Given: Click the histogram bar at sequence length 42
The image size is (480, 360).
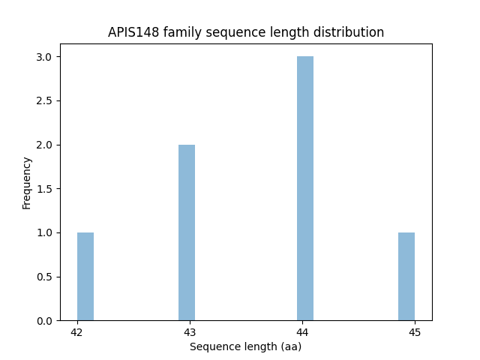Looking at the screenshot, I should (x=85, y=277).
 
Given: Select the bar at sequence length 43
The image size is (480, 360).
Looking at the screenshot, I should (x=187, y=232).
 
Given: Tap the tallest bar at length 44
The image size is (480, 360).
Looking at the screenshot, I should (x=305, y=188).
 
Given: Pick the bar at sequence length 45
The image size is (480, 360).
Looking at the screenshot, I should (x=406, y=277).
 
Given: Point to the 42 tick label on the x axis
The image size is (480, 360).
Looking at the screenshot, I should (x=76, y=332).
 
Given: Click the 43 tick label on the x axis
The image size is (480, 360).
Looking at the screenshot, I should (x=190, y=332).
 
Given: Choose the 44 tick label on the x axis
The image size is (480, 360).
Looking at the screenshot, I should (x=302, y=332).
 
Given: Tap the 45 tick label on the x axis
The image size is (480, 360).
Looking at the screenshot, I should (x=415, y=332).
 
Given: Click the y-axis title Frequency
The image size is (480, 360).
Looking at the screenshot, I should (x=27, y=182).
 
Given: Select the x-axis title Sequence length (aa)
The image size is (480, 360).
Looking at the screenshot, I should (x=245, y=346).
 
